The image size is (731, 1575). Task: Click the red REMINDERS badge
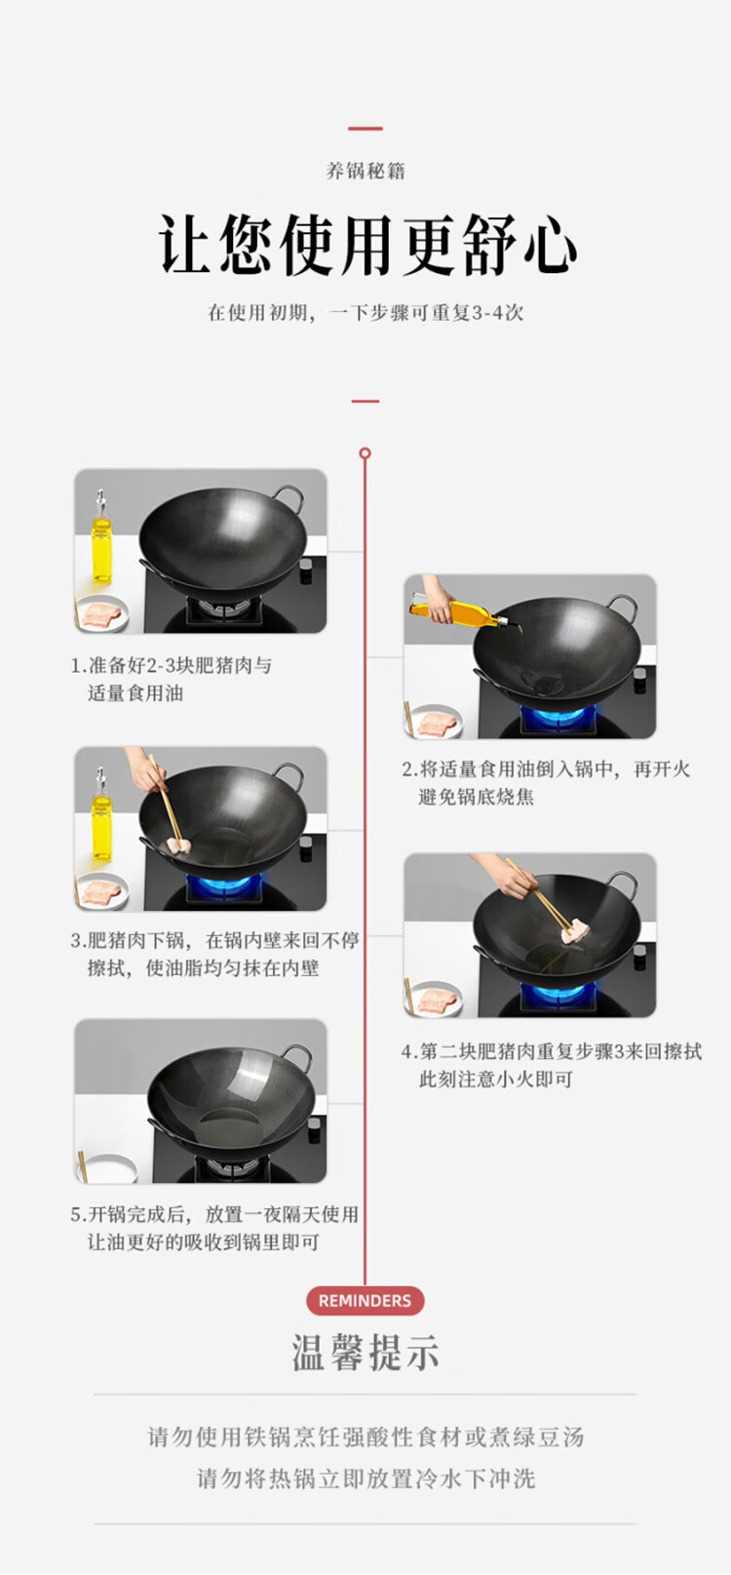pos(365,1301)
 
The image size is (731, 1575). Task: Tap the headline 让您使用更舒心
pos(366,245)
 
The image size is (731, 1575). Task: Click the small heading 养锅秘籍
pos(365,171)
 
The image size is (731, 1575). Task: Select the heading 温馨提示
pos(365,1352)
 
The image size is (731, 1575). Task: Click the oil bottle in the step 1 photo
pos(102,537)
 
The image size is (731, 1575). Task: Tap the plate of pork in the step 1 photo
pos(102,614)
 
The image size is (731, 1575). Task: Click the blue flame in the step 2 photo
pos(552,718)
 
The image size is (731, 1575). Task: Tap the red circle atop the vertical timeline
pos(365,453)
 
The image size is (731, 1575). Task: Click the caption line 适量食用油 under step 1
pos(135,693)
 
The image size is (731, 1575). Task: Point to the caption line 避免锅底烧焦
pos(476,797)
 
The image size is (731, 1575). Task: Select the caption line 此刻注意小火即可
pos(495,1080)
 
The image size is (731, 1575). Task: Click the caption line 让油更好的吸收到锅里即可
pos(203,1242)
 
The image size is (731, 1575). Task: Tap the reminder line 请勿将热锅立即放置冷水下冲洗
pos(365,1478)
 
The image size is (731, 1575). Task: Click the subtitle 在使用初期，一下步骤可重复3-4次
pos(365,312)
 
